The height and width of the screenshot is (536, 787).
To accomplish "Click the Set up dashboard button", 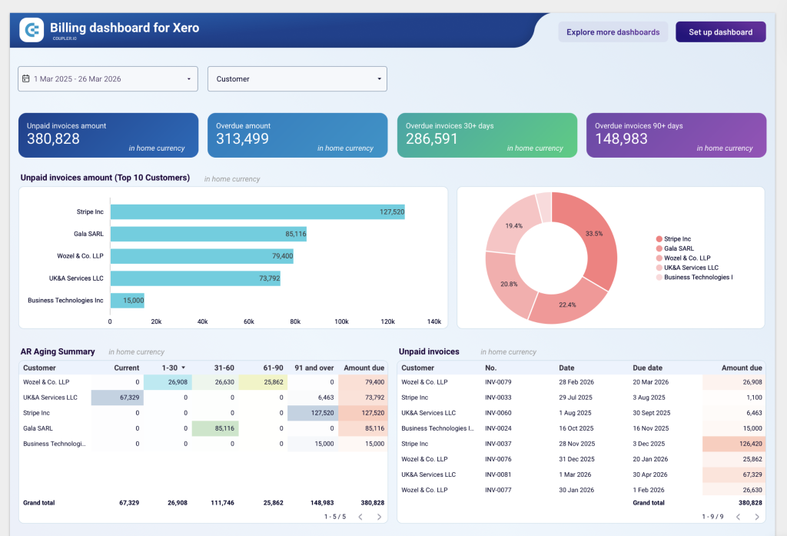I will [x=720, y=32].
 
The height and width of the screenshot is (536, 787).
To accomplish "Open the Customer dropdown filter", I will [x=297, y=78].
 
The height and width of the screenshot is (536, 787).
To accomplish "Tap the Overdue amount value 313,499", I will [x=243, y=139].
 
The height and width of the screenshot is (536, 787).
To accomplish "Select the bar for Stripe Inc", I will [x=257, y=211].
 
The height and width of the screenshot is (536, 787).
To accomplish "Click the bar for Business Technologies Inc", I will [x=127, y=300].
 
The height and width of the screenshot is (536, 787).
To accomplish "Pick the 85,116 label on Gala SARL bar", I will [x=295, y=234].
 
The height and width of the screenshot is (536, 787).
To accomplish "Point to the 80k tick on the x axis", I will [x=295, y=321].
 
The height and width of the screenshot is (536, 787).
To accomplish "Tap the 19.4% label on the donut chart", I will [x=514, y=226].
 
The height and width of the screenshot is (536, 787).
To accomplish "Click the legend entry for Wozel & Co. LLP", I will [x=686, y=258].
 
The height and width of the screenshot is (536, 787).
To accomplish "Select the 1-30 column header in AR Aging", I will [x=169, y=368].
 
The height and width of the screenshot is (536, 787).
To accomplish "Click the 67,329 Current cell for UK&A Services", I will [x=117, y=398].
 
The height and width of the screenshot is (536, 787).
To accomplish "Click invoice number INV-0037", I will [x=499, y=444].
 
